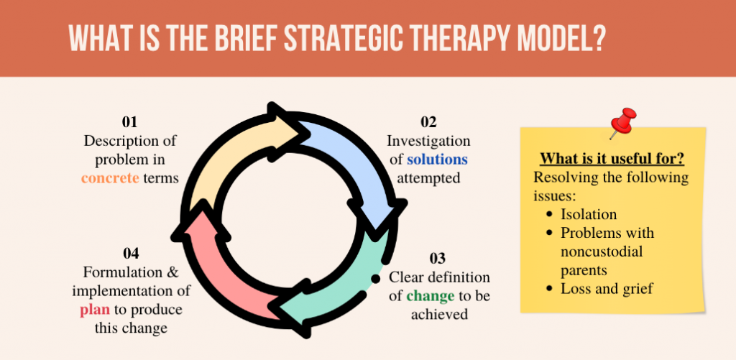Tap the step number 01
pyautogui.click(x=130, y=122)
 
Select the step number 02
pyautogui.click(x=428, y=123)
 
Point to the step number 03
pyautogui.click(x=438, y=259)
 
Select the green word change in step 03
pyautogui.click(x=431, y=295)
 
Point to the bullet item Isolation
pyautogui.click(x=589, y=214)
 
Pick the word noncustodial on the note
pyautogui.click(x=602, y=251)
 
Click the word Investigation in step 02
pyautogui.click(x=428, y=141)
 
